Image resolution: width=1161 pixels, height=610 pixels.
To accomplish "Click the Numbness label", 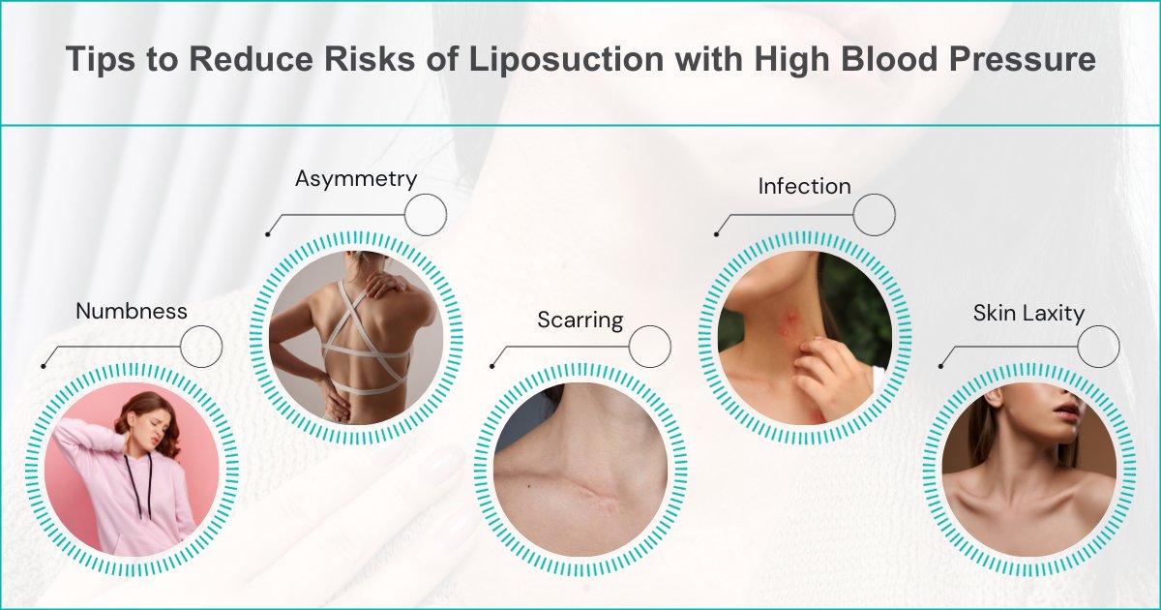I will coord(132,311).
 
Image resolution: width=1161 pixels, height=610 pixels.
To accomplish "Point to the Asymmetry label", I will coord(356,179).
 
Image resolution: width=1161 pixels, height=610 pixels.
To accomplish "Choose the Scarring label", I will coord(580,320).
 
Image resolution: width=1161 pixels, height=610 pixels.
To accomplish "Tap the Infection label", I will coord(804,185).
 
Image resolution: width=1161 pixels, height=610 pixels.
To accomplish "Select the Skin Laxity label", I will coord(1028,313).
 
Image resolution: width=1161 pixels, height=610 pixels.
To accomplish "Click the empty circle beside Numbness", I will coord(201,346).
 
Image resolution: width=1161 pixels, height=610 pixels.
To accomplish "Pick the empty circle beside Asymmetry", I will coord(426,215).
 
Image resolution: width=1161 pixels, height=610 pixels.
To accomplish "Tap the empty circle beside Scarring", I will coord(650,346).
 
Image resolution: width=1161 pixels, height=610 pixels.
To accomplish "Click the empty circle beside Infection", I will coord(875,213).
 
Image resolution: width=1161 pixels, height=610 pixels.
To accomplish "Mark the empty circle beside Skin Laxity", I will coord(1099,346).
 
